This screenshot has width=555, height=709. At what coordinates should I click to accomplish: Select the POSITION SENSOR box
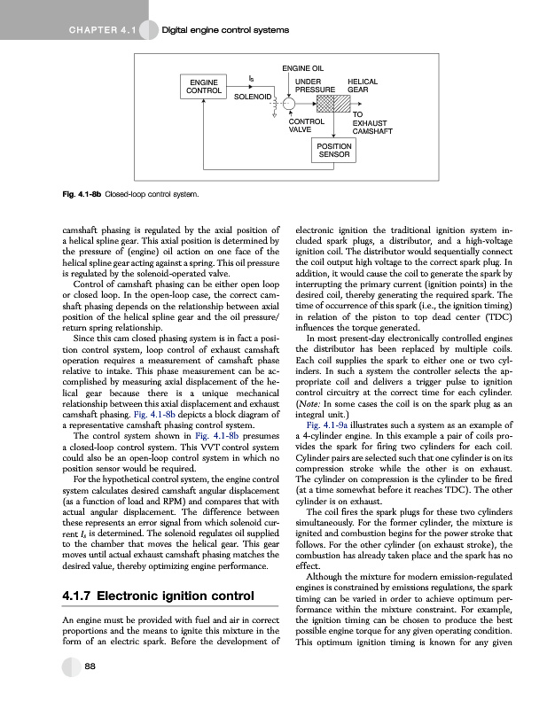[x=335, y=150]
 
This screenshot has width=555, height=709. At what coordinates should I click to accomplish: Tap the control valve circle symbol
[x=289, y=105]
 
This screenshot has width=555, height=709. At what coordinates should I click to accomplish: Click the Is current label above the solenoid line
[x=252, y=79]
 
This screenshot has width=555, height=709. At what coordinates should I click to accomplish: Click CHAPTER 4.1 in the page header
[x=97, y=32]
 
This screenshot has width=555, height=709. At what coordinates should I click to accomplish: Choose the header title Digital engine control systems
[x=226, y=32]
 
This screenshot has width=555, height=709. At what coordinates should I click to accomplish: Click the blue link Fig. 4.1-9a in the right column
[x=332, y=449]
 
